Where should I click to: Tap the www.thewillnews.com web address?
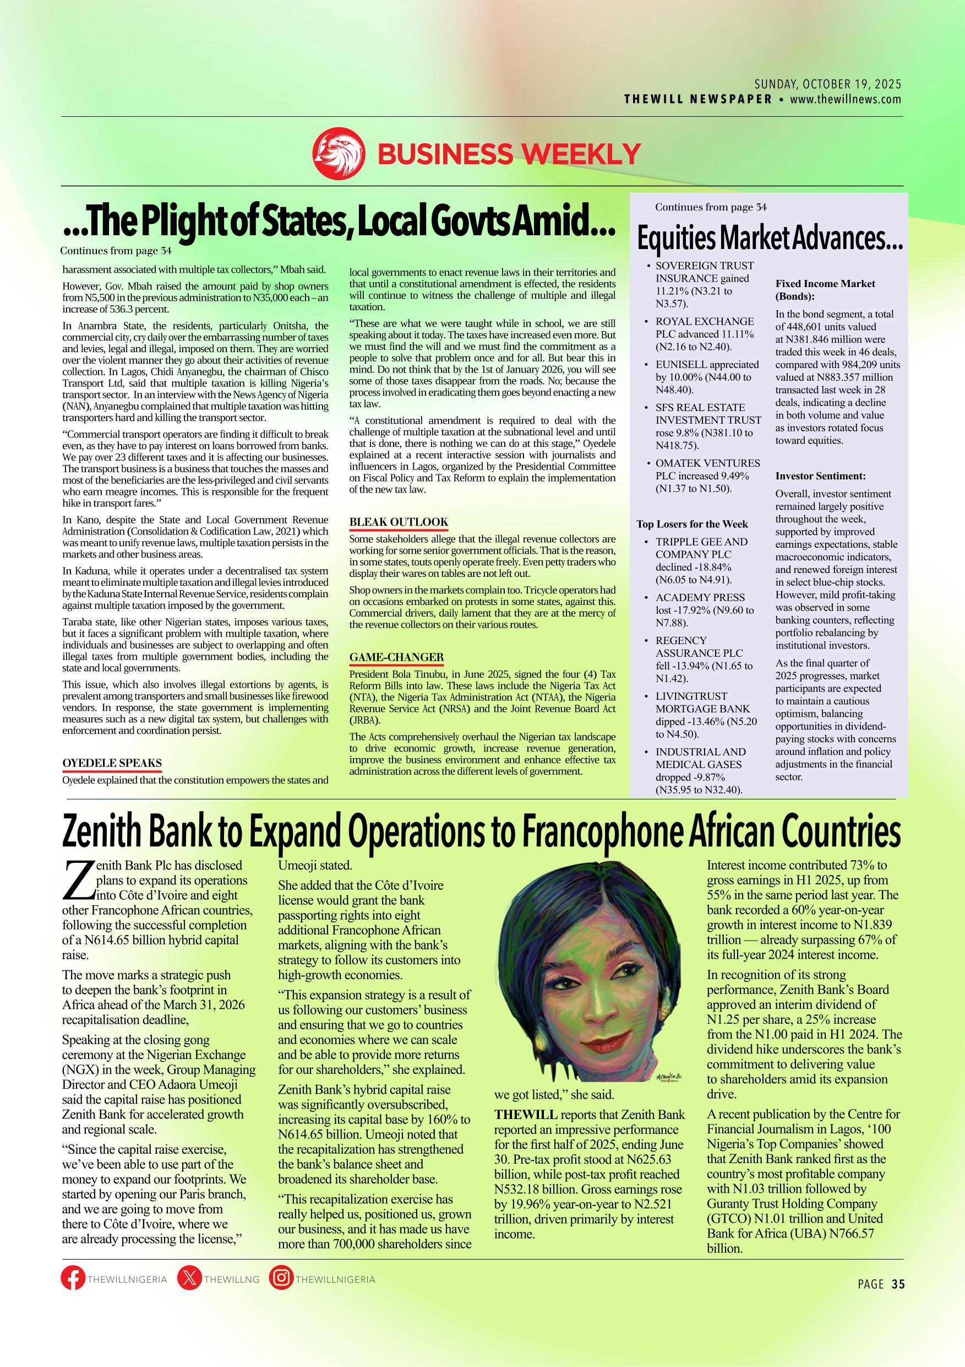click(846, 99)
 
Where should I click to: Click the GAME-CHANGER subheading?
click(396, 657)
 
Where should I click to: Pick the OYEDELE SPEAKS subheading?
click(112, 763)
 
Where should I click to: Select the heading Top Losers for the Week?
click(692, 525)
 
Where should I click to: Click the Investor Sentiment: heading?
click(820, 476)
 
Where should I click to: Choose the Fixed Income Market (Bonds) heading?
click(825, 289)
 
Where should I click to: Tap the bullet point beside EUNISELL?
click(648, 365)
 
